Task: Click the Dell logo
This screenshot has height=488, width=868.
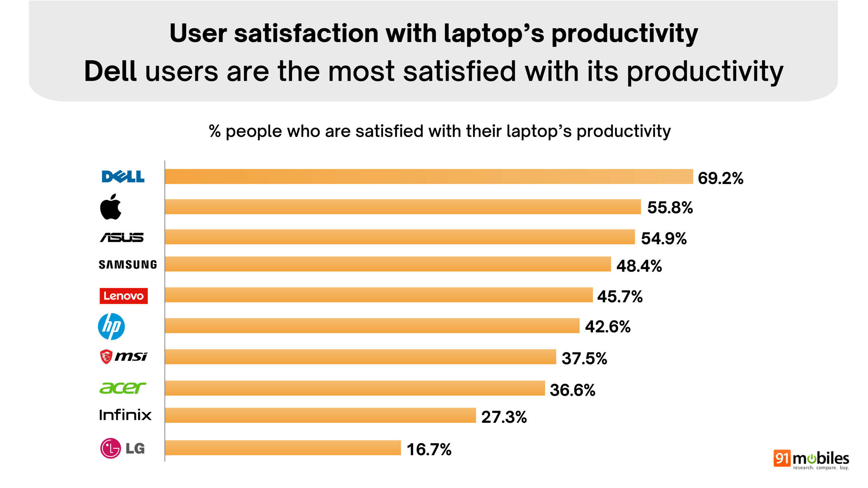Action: coord(123,177)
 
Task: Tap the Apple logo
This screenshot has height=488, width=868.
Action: coord(111,207)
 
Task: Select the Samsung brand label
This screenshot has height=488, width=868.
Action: coord(128,265)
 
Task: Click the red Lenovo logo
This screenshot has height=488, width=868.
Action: coord(123,296)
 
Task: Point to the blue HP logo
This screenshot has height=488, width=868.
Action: coord(111,326)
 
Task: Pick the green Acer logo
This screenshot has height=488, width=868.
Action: coord(122,388)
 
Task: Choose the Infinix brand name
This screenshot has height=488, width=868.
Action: coord(125,415)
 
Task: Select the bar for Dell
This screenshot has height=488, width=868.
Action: coord(429,177)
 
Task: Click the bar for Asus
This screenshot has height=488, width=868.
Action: coord(399,237)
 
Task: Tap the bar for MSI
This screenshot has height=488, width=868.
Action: coord(360,357)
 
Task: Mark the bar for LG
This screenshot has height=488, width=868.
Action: coord(283,448)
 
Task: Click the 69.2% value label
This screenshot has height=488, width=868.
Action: coord(721,178)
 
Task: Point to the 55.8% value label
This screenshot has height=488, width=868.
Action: coord(670,207)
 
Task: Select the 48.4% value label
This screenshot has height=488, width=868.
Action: coord(639,266)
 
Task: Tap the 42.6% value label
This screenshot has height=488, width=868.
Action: coord(608,327)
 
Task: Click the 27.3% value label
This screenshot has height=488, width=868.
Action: coord(504,417)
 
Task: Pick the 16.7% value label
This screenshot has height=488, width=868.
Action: coord(429,450)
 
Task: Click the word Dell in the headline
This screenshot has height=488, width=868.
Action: coord(110,71)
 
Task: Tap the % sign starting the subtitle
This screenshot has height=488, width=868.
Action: coord(215,131)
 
